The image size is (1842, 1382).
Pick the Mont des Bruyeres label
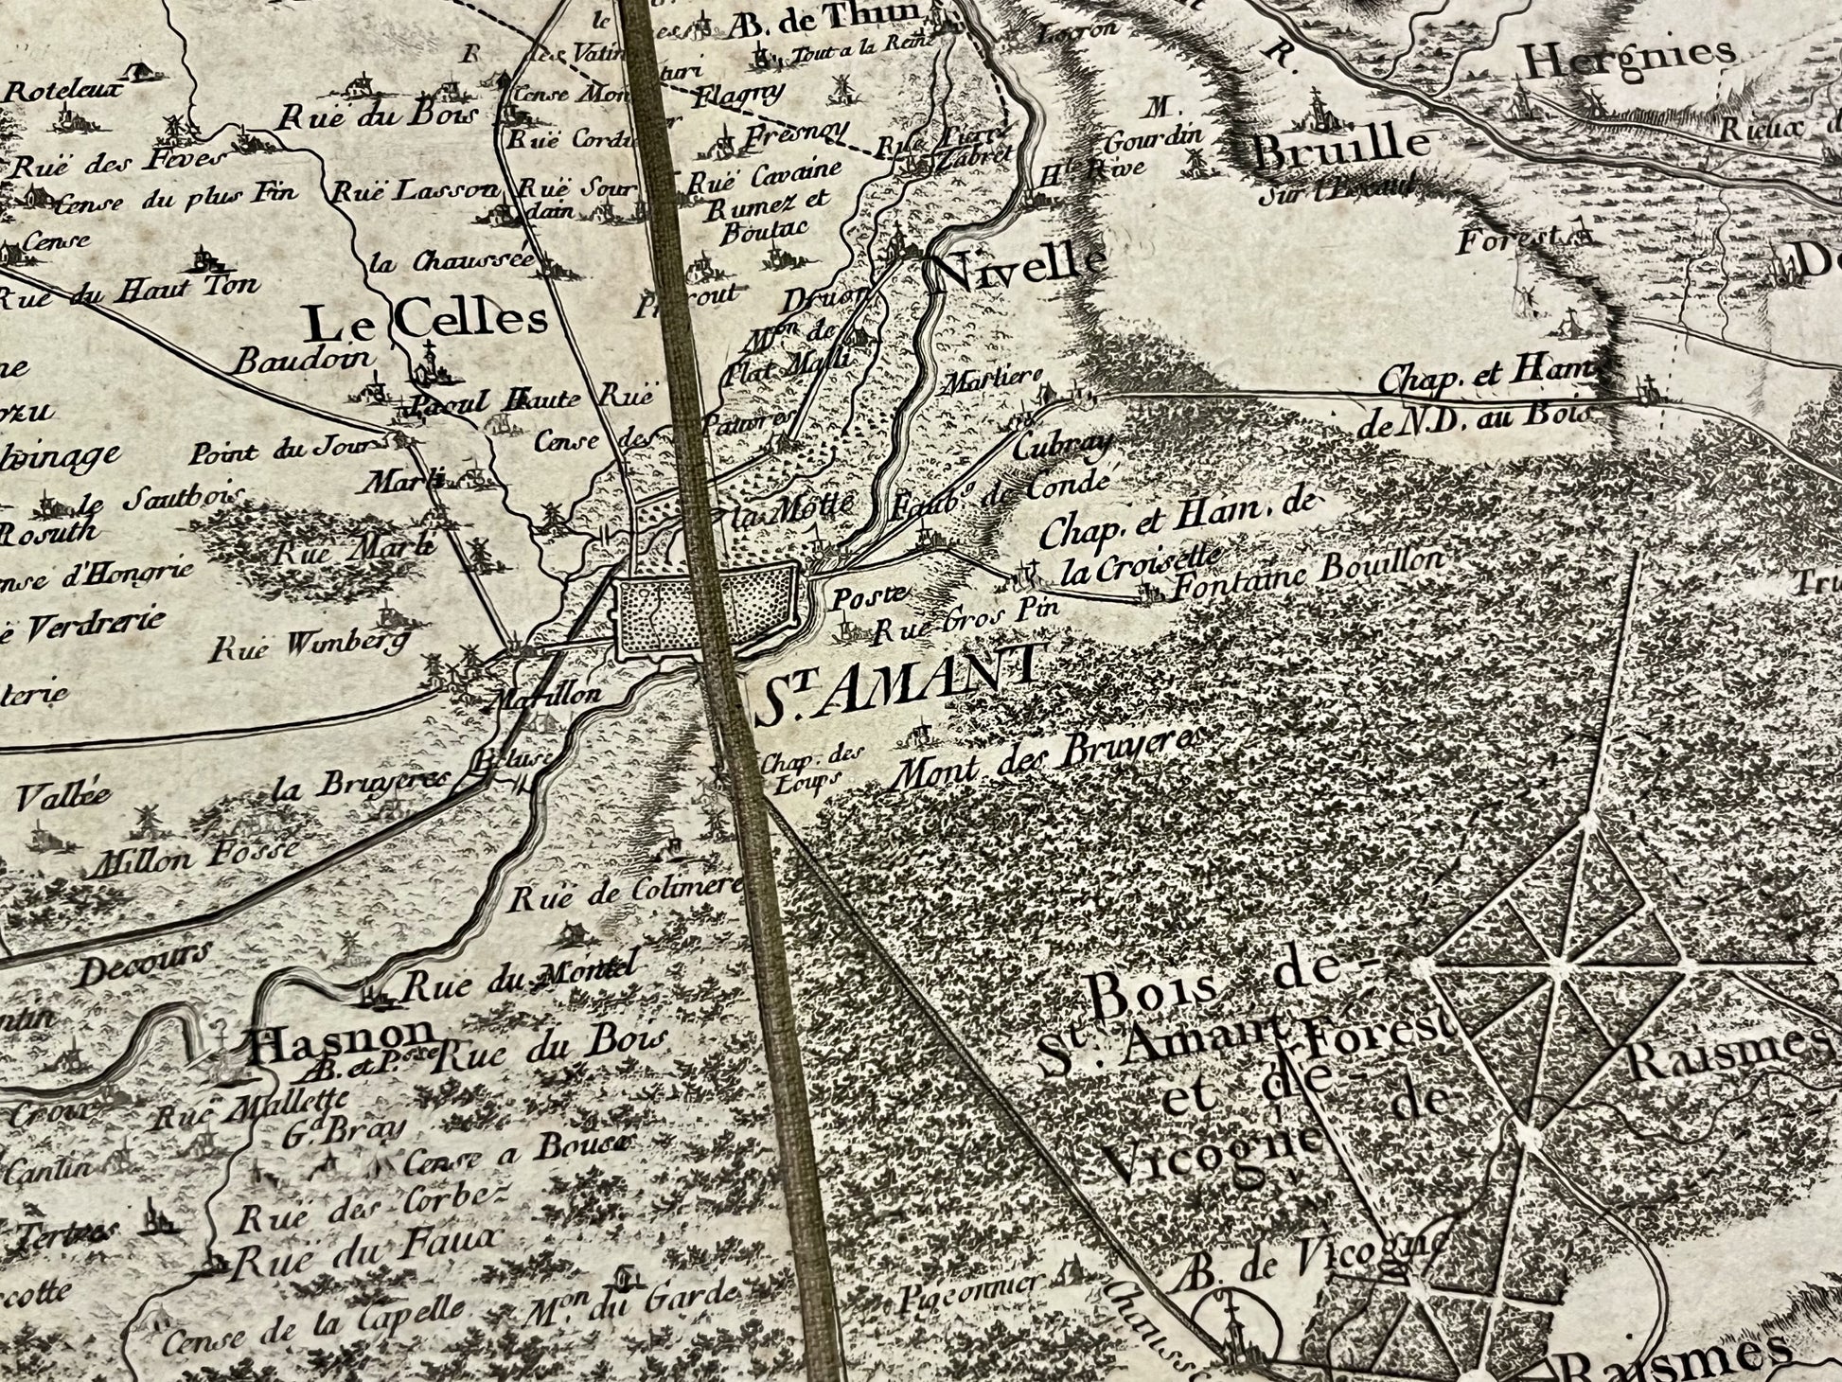(1051, 760)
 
